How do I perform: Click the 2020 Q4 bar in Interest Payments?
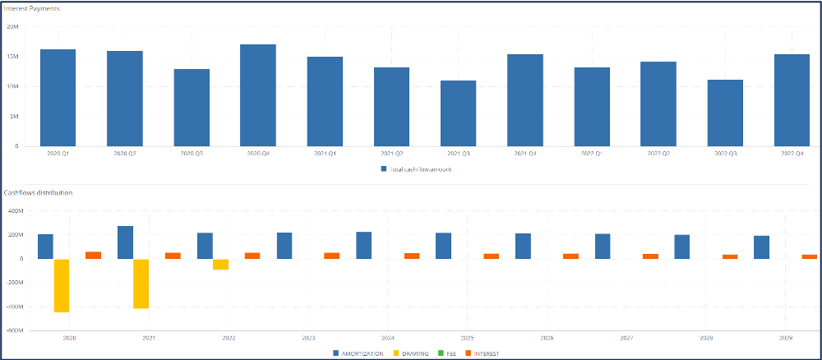tap(257, 95)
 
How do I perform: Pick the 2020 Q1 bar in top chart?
tap(58, 98)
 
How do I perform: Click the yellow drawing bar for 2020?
tap(62, 285)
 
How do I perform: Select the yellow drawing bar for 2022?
tap(220, 264)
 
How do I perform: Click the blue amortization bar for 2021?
tap(125, 242)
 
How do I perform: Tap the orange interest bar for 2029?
tap(810, 256)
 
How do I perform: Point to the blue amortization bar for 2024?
tap(363, 245)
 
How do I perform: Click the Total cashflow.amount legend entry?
tap(415, 169)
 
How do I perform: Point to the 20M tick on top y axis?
tap(12, 26)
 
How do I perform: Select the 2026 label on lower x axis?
tap(547, 338)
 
